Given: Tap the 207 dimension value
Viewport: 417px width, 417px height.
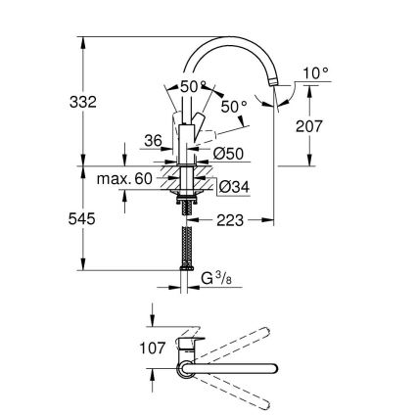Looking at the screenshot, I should pos(309,124).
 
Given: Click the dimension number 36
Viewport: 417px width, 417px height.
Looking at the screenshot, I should pos(153,141).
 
